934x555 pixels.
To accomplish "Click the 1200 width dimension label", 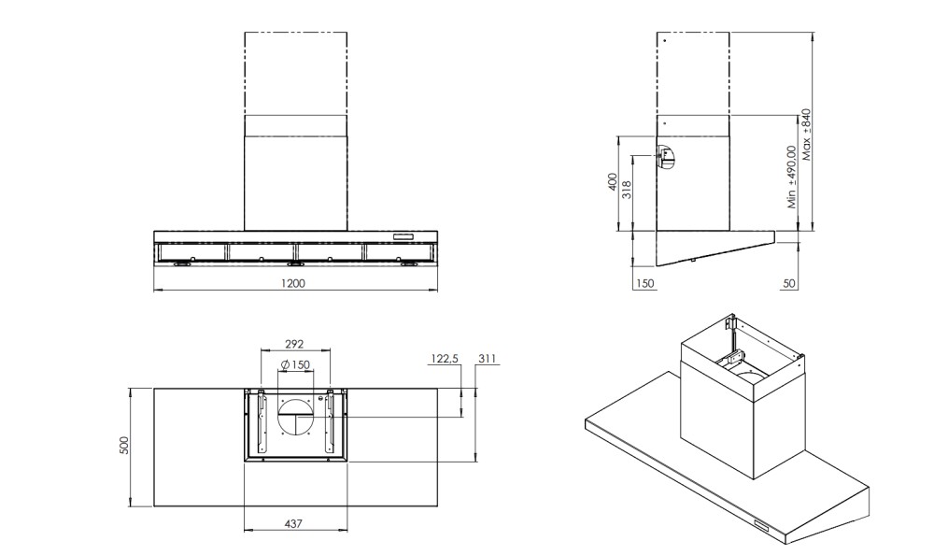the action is [x=293, y=283].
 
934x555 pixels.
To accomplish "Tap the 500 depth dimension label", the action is [x=124, y=446].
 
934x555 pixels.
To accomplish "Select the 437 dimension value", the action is [x=293, y=524].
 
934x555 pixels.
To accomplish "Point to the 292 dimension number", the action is [x=294, y=344].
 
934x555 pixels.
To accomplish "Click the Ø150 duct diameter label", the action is [x=295, y=364].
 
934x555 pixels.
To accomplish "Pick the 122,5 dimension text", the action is [x=444, y=359].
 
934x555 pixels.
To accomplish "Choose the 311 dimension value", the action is [x=487, y=358].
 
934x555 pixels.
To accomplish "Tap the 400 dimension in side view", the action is [x=612, y=182].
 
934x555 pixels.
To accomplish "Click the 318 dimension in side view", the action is [x=626, y=191].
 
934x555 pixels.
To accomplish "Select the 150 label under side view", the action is [x=645, y=284].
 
